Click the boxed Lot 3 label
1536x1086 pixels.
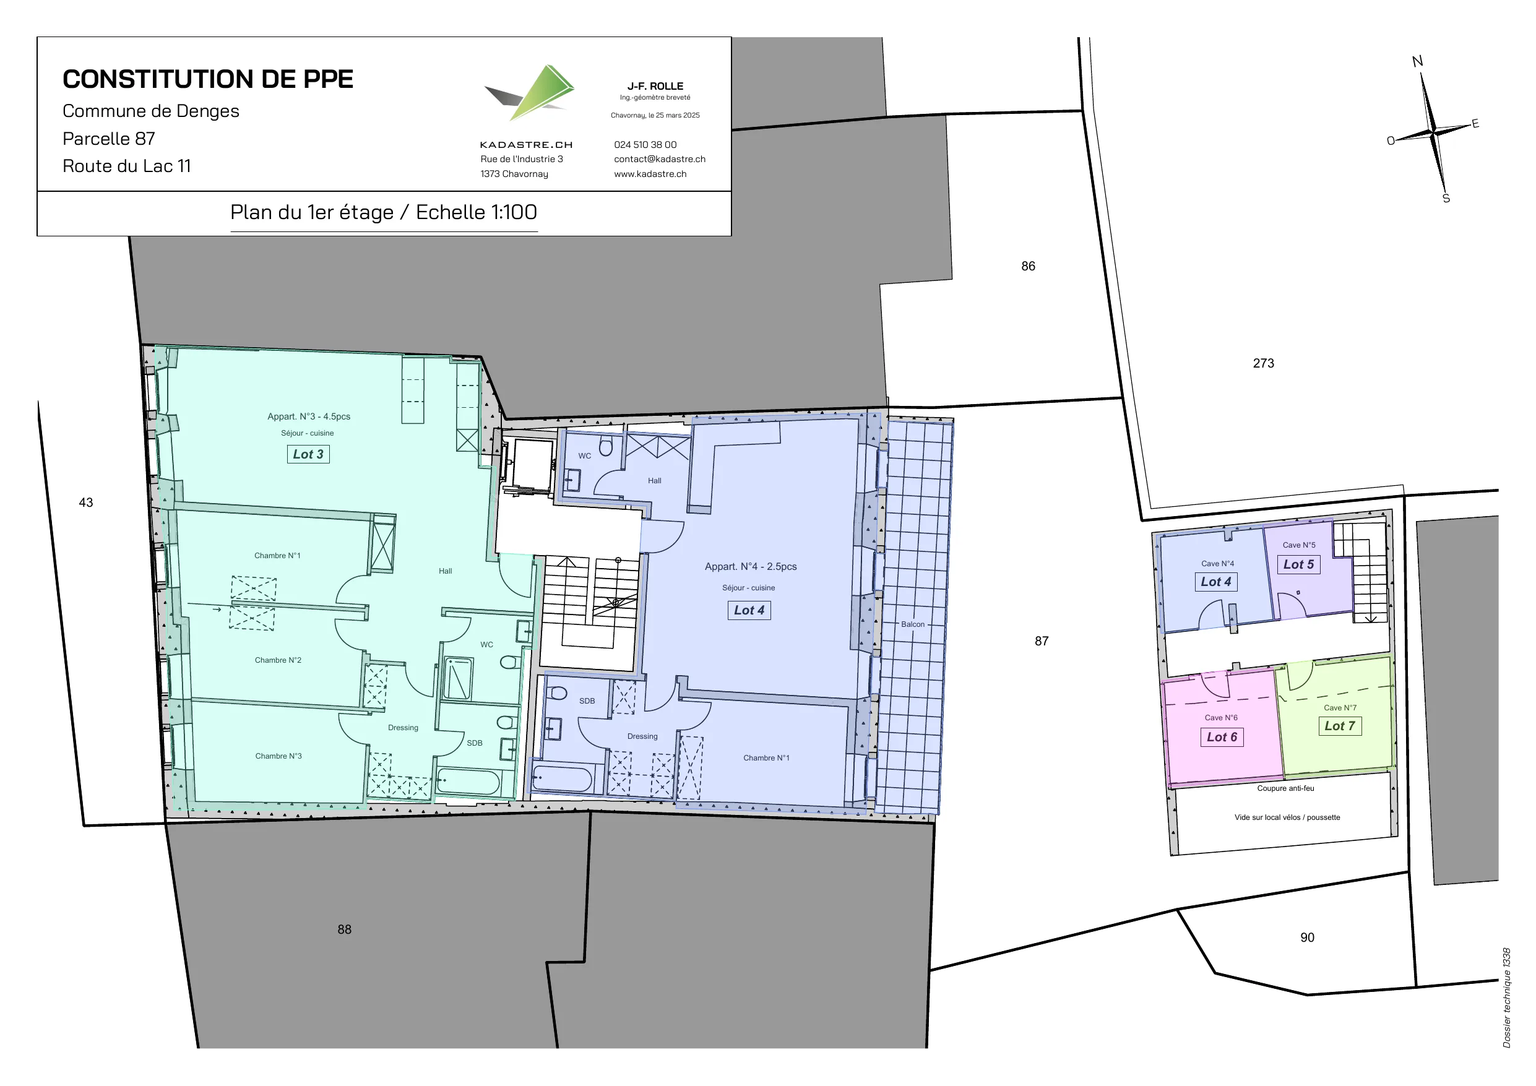(308, 454)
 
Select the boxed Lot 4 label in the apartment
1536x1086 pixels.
(749, 610)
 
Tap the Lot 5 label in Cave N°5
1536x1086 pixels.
(1298, 565)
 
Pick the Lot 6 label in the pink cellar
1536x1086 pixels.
(1222, 738)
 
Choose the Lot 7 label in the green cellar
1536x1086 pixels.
(1340, 726)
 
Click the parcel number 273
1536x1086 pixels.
(1264, 363)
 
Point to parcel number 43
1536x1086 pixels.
(86, 502)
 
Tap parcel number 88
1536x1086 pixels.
(345, 929)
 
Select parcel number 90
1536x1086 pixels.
(1307, 938)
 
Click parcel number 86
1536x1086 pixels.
(1029, 266)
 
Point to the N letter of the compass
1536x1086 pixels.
(1417, 61)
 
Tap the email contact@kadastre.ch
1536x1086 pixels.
(660, 159)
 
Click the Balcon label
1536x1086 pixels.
(912, 624)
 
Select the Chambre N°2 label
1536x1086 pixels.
(278, 660)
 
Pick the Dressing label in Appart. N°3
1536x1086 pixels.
(403, 728)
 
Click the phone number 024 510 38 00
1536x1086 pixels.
(645, 145)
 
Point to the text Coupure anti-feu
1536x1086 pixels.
(1286, 789)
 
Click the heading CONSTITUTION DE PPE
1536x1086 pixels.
(208, 79)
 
